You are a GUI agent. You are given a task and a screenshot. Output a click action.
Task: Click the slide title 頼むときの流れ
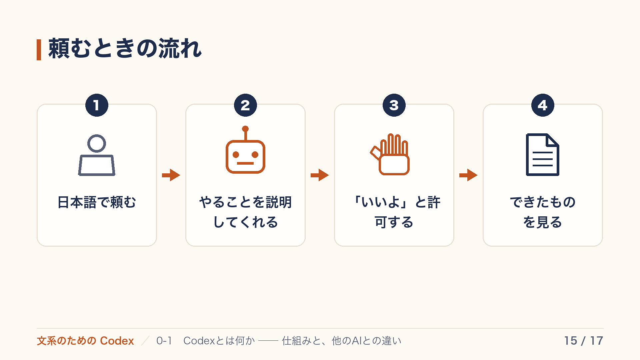pyautogui.click(x=125, y=49)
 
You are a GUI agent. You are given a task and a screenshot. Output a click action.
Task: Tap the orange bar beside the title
pyautogui.click(x=39, y=50)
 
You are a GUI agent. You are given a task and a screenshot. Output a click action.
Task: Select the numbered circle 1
pyautogui.click(x=97, y=105)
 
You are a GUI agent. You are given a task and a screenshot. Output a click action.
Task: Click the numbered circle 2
pyautogui.click(x=245, y=105)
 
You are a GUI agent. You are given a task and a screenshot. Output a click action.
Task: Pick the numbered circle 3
pyautogui.click(x=394, y=105)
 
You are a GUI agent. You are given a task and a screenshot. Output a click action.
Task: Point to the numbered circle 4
pyautogui.click(x=543, y=105)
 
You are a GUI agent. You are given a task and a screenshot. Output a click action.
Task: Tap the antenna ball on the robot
pyautogui.click(x=245, y=129)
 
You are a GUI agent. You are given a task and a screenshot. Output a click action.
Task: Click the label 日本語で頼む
pyautogui.click(x=97, y=202)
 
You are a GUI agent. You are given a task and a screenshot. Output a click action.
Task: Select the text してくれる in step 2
pyautogui.click(x=245, y=222)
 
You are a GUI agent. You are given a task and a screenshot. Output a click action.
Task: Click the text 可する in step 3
pyautogui.click(x=394, y=222)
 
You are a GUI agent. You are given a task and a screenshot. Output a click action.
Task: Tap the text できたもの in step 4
pyautogui.click(x=543, y=202)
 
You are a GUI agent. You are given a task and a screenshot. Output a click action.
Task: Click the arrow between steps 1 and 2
pyautogui.click(x=171, y=175)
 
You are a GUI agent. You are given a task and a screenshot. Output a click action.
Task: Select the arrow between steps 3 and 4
pyautogui.click(x=468, y=175)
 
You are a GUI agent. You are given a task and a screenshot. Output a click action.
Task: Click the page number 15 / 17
pyautogui.click(x=584, y=341)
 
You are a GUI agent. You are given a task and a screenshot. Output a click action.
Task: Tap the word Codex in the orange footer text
pyautogui.click(x=117, y=341)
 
